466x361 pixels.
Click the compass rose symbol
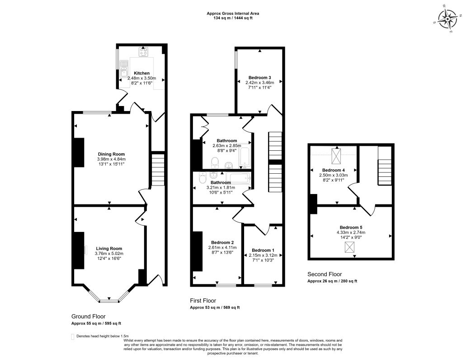(447, 19)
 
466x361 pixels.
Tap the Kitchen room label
(142, 73)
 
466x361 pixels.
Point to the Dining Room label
(112, 154)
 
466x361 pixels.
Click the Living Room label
(109, 249)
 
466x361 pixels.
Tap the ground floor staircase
(158, 170)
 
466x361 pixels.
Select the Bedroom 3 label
(260, 78)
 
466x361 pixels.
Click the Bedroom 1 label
(263, 250)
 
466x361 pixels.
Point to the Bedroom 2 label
(222, 242)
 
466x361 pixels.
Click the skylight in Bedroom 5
(349, 247)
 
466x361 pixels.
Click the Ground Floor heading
(88, 316)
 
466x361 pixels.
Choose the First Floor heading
(203, 301)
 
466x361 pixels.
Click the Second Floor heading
(325, 274)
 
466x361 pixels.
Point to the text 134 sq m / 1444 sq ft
(233, 18)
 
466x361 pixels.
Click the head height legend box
(73, 336)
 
